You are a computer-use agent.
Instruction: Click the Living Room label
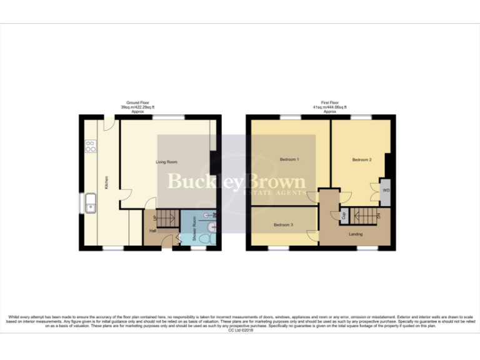(166, 162)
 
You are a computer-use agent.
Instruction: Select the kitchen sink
(91, 204)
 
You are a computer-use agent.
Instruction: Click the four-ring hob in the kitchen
(90, 147)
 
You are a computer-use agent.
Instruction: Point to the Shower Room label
(194, 229)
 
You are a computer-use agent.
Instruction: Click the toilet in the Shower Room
(211, 237)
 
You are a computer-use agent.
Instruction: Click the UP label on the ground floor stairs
(155, 218)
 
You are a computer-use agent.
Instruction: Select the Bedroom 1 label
(289, 160)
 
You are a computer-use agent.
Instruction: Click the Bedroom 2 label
(362, 160)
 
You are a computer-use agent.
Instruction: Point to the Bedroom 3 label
(284, 224)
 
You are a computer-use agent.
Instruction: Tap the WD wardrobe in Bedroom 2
(386, 190)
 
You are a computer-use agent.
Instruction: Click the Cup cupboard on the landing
(343, 216)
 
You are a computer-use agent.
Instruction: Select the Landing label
(356, 234)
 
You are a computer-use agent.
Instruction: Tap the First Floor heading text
(330, 102)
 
